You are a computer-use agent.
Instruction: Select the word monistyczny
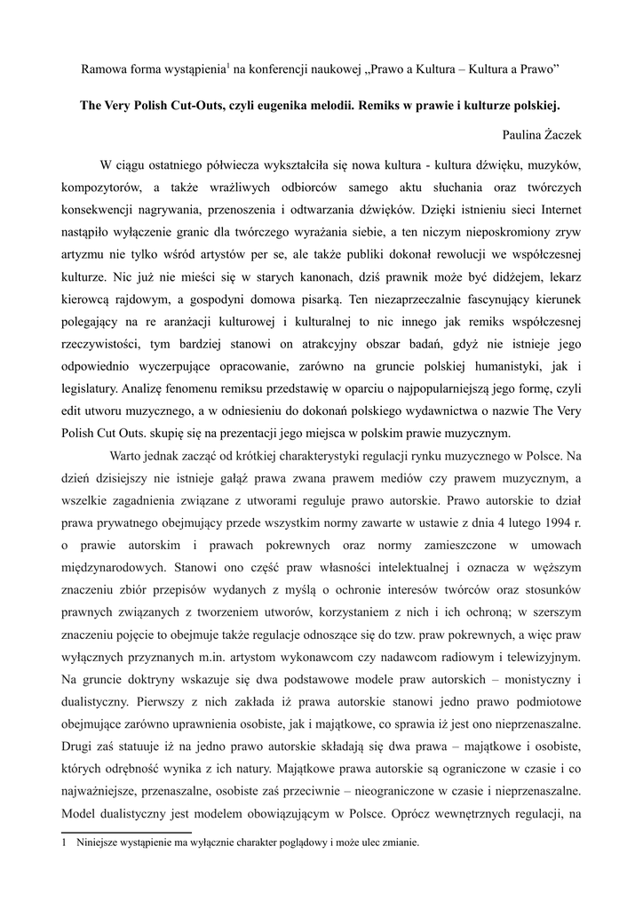pos(527,680)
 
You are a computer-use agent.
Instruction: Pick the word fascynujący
pos(495,298)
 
